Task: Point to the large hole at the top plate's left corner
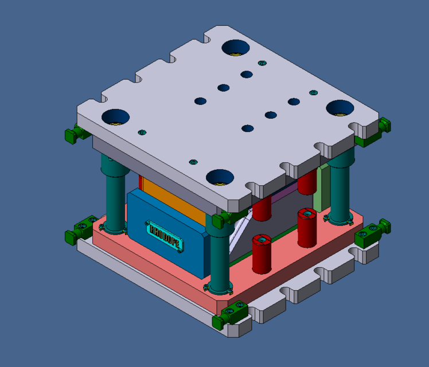[115, 117]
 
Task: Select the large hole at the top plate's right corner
[340, 107]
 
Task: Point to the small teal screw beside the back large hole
[263, 63]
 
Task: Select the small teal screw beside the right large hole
[313, 92]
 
